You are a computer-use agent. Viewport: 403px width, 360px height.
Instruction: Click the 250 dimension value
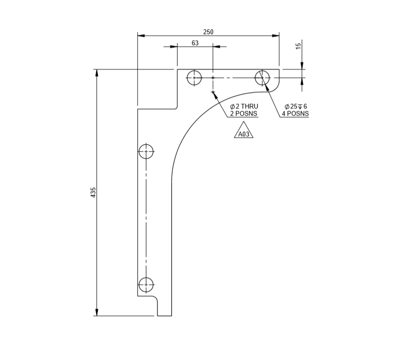pos(208,32)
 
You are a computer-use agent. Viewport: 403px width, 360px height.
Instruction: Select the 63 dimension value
pos(195,43)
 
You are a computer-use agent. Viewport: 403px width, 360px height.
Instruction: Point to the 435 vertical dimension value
pos(94,192)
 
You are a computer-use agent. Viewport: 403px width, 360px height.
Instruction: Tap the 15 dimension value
pos(298,46)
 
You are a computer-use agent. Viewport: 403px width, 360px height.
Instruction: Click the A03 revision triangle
pos(244,133)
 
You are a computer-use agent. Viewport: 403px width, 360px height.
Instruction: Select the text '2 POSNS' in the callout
pos(244,114)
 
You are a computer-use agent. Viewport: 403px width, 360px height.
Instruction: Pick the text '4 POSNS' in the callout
pos(295,114)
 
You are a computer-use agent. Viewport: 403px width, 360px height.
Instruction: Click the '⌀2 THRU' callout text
pos(244,106)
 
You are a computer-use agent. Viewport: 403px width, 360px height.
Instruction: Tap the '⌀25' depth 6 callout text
pos(295,106)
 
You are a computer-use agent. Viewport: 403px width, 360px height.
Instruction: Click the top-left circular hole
pos(194,77)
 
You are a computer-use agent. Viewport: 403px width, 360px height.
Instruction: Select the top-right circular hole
pos(262,77)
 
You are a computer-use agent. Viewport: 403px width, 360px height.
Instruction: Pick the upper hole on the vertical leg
pos(146,151)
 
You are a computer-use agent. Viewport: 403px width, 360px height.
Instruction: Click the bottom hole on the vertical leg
pos(146,284)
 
